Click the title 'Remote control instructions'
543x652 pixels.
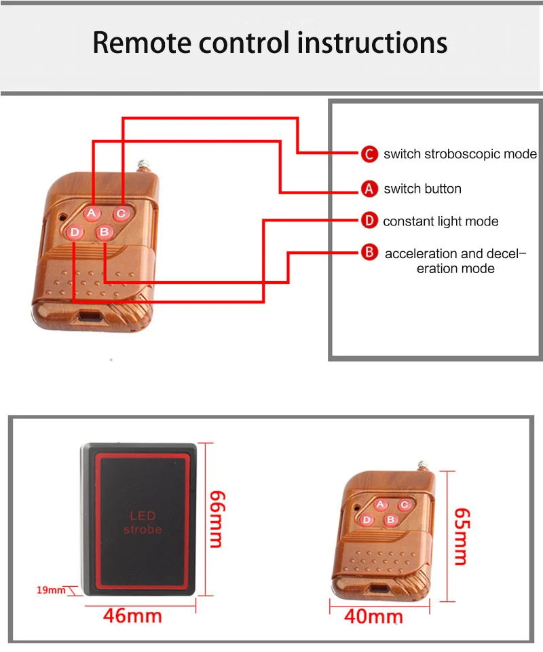(x=270, y=42)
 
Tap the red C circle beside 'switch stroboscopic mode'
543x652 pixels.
(x=369, y=154)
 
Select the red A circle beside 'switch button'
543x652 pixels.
(x=369, y=189)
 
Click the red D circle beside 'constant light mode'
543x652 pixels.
(x=369, y=221)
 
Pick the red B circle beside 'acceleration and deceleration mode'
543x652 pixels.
(x=369, y=253)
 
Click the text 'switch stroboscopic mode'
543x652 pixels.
(x=460, y=154)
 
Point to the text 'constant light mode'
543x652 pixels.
(x=441, y=221)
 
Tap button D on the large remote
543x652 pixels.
(x=75, y=233)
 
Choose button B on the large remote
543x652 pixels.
(x=104, y=232)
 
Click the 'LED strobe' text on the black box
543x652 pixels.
(x=143, y=522)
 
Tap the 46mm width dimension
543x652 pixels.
(x=132, y=616)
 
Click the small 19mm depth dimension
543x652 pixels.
(x=50, y=590)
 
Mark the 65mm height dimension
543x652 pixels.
(x=460, y=536)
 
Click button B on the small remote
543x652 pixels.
(x=390, y=520)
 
